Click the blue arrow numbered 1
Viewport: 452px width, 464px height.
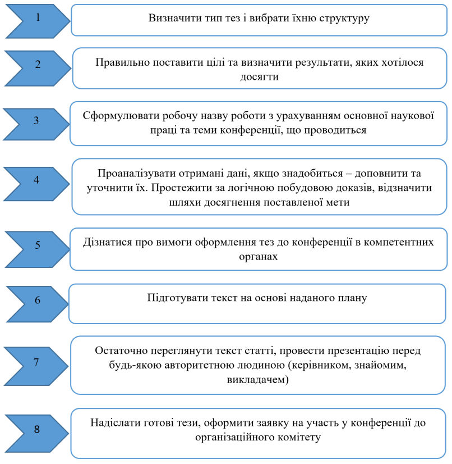38,18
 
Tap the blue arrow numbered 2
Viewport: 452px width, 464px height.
38,63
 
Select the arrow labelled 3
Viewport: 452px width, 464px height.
36,120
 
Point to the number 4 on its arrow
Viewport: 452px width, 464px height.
36,181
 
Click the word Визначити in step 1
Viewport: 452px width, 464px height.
172,19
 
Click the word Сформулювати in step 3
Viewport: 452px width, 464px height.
117,116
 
